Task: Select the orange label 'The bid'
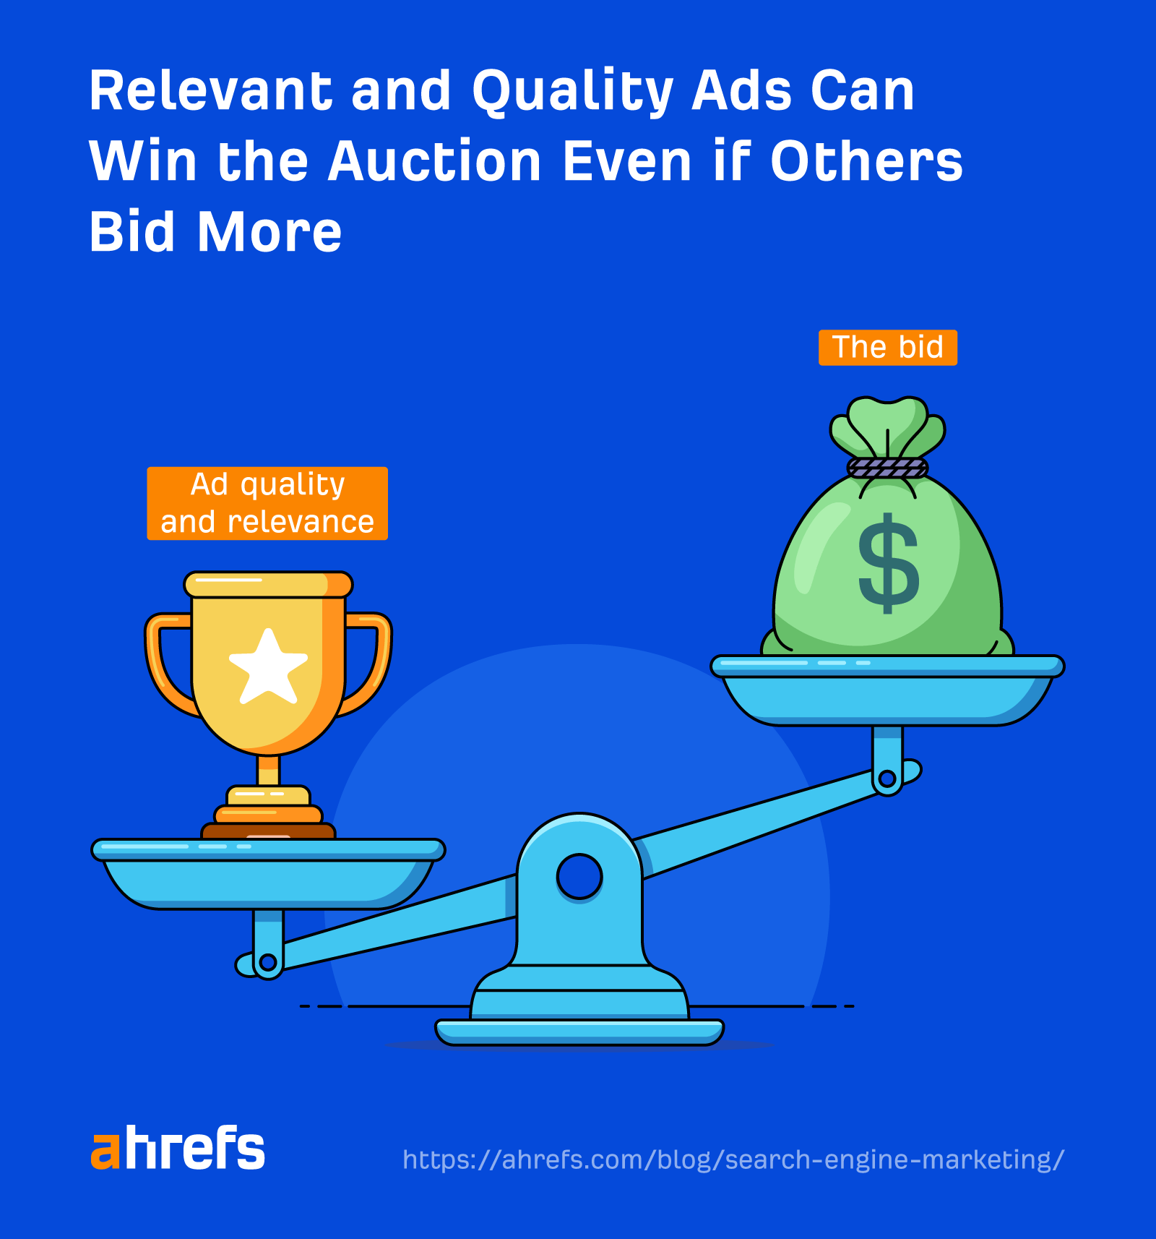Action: coord(887,348)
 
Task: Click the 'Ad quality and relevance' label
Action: coord(267,503)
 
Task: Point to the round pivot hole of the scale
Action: coord(579,876)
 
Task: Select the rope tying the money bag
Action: coord(887,468)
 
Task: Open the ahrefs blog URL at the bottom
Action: coord(733,1159)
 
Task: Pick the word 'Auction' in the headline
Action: coord(434,161)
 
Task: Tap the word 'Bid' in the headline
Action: coord(132,232)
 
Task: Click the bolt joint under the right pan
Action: coord(887,779)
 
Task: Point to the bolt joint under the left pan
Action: coord(268,962)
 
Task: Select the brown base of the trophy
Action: coord(268,831)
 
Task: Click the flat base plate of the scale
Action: coord(579,1032)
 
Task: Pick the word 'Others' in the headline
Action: coord(866,161)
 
